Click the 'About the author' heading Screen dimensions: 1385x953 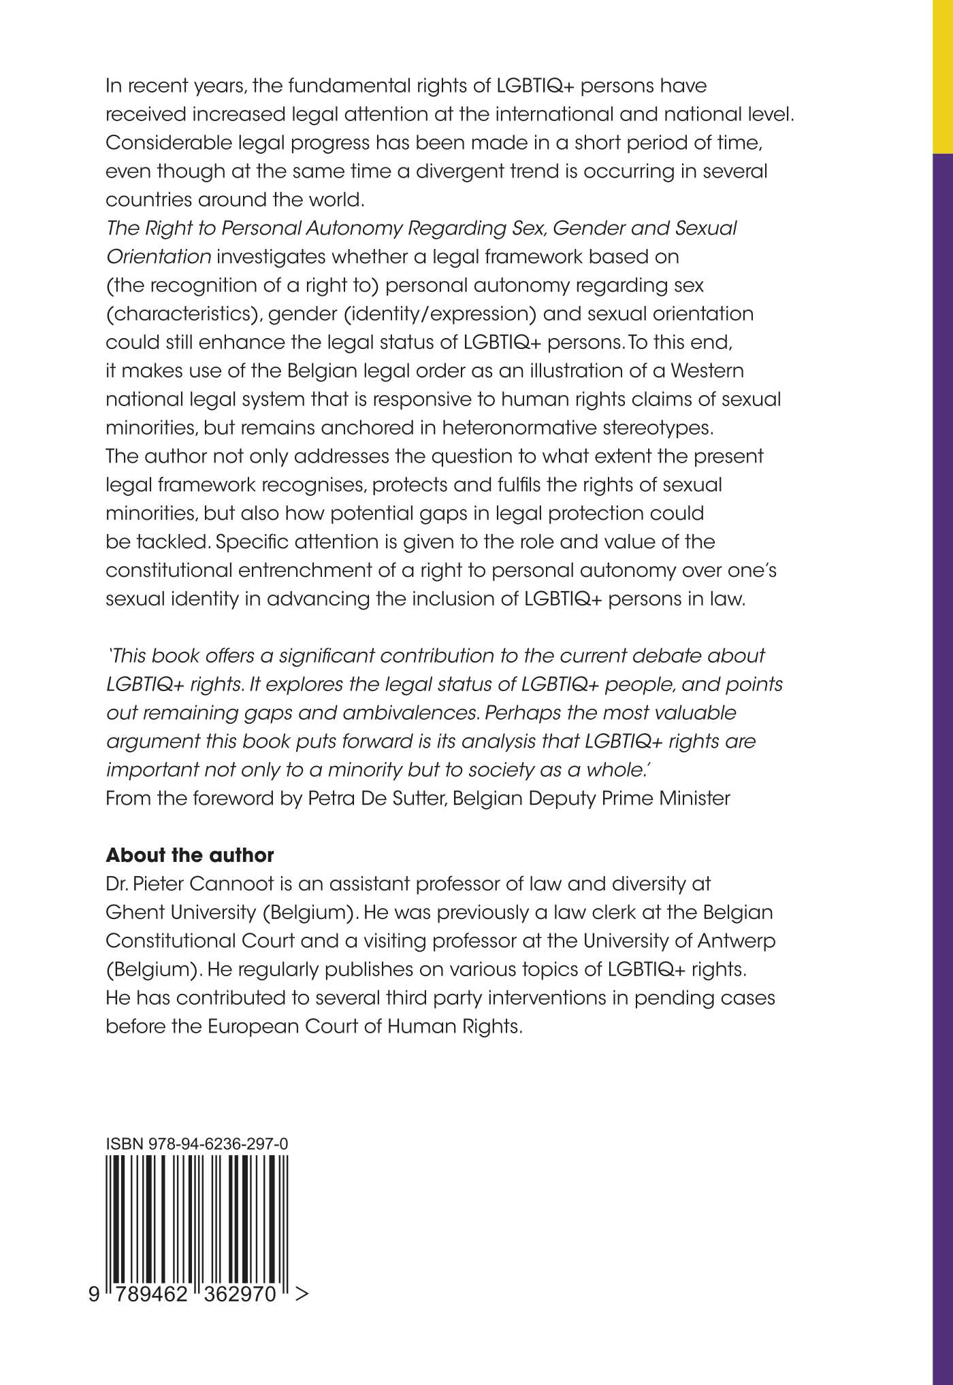click(x=190, y=855)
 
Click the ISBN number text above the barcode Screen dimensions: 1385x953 click(x=197, y=1145)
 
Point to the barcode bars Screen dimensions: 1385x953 click(x=197, y=1218)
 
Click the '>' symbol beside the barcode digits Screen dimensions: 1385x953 click(x=302, y=1294)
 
